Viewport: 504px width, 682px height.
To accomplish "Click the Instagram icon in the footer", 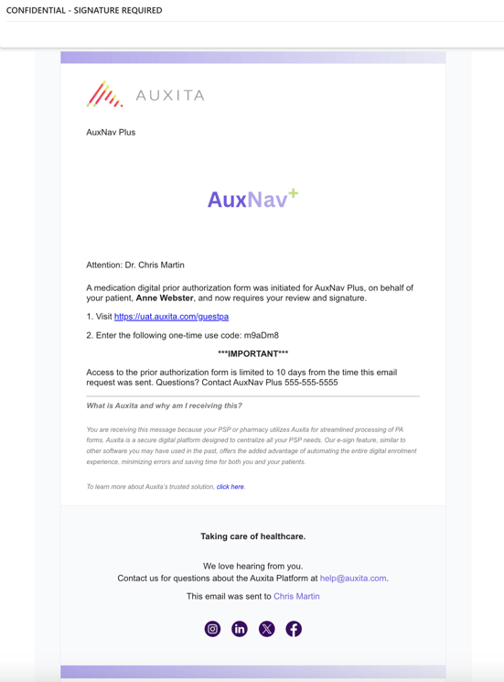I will [x=212, y=629].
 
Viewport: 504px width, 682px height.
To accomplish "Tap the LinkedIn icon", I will [x=240, y=629].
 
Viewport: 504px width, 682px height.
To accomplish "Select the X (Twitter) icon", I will [x=266, y=629].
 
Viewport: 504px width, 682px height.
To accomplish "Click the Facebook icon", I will [x=294, y=629].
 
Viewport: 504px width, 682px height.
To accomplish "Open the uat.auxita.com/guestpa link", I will [x=171, y=317].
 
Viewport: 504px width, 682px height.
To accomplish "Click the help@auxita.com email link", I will [x=353, y=579].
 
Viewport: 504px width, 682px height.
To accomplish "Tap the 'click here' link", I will [x=231, y=487].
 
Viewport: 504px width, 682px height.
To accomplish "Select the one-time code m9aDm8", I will [x=262, y=336].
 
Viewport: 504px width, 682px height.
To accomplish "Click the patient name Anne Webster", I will [x=165, y=298].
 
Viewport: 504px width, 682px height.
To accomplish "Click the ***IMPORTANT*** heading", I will [x=253, y=353].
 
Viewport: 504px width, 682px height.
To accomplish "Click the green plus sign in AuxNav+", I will [x=293, y=194].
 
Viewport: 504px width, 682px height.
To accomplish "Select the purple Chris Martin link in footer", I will [x=296, y=596].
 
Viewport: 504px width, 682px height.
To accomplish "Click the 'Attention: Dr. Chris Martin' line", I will [x=135, y=265].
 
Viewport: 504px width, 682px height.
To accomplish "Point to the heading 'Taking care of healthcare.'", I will [x=253, y=536].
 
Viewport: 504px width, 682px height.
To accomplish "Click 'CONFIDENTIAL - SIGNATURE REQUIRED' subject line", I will [x=84, y=10].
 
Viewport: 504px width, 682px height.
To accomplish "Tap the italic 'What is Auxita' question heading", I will [x=165, y=406].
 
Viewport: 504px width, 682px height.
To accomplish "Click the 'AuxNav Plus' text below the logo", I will [x=111, y=133].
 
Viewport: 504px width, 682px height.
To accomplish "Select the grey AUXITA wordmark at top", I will [x=170, y=95].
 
